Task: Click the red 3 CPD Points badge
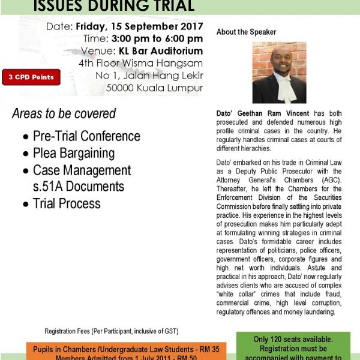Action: (31, 77)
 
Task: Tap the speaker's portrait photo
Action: (279, 72)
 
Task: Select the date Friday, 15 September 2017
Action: (139, 28)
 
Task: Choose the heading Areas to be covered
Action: (64, 114)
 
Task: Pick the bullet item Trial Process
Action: (67, 203)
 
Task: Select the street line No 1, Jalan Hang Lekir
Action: (149, 76)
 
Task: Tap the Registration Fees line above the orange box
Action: (112, 331)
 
